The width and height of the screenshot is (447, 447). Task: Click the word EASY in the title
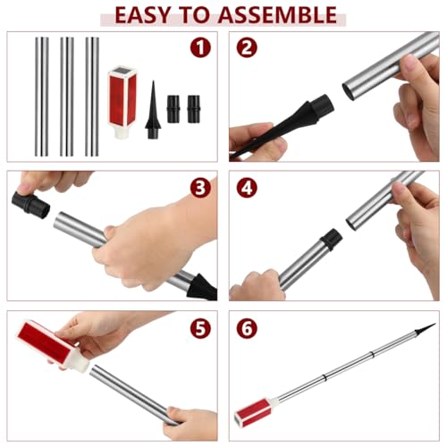[x=142, y=15]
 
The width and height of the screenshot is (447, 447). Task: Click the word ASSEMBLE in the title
[x=277, y=15]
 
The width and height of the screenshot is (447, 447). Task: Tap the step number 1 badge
[x=200, y=47]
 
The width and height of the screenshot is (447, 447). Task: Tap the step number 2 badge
[x=247, y=47]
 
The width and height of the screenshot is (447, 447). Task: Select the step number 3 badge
[x=200, y=188]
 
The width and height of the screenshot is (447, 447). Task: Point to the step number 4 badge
[x=247, y=188]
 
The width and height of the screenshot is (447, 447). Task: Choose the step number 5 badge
[x=200, y=328]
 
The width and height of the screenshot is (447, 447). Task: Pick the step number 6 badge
[x=247, y=328]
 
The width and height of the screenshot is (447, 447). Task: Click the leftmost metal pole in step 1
[x=42, y=97]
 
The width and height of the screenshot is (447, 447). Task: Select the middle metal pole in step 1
[x=67, y=97]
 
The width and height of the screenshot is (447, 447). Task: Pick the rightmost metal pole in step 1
[x=92, y=97]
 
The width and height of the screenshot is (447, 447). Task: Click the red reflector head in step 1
[x=122, y=103]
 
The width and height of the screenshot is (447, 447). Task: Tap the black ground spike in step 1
[x=153, y=110]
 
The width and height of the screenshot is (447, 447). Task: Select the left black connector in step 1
[x=173, y=109]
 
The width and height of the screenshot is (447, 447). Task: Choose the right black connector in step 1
[x=193, y=109]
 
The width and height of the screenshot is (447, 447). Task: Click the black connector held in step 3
[x=30, y=205]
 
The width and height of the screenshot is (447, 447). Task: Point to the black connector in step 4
[x=331, y=238]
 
